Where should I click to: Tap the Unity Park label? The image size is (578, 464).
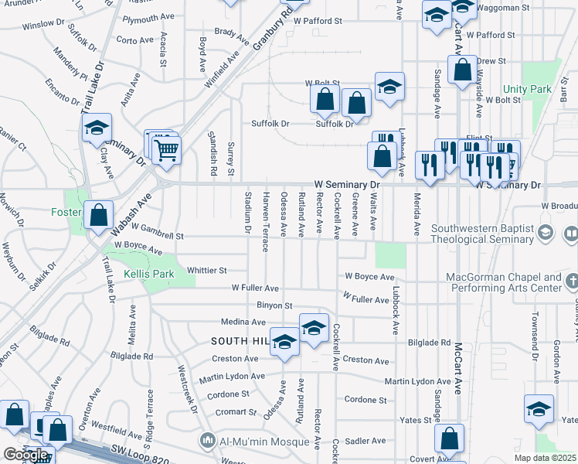pos(529,90)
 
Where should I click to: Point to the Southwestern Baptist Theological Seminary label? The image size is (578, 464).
pos(483,234)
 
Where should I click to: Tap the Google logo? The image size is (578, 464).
pos(25,455)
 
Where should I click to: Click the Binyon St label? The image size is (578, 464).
pos(274,306)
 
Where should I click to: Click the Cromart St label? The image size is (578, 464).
pos(235,412)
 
